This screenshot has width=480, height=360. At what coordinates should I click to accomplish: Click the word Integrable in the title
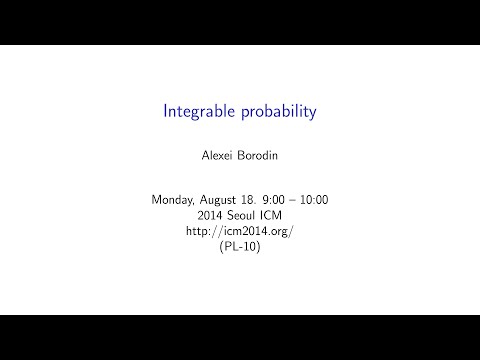point(197,112)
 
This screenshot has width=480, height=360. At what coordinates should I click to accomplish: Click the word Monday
point(173,200)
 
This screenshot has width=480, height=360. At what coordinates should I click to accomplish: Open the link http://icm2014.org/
point(240,230)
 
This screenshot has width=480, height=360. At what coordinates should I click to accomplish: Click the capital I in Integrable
point(166,111)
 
